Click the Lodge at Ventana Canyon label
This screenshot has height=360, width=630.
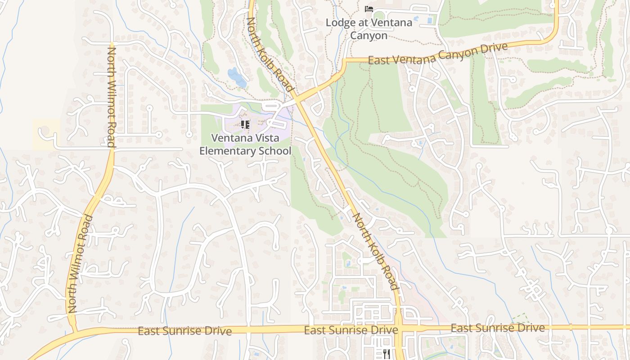pos(369,29)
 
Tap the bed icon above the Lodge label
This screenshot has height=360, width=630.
pos(369,9)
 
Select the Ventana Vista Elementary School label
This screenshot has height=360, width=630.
pos(245,144)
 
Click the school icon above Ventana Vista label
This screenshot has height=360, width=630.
pos(245,124)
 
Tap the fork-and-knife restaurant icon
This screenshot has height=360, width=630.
pos(387,354)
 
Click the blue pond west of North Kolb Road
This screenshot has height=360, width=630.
pos(237,77)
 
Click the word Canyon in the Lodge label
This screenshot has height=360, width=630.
pos(369,36)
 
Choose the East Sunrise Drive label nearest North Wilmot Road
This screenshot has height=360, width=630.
pos(184,331)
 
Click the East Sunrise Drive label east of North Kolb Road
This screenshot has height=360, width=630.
pos(497,328)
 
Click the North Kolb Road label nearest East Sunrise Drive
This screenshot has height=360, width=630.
pos(376,252)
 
